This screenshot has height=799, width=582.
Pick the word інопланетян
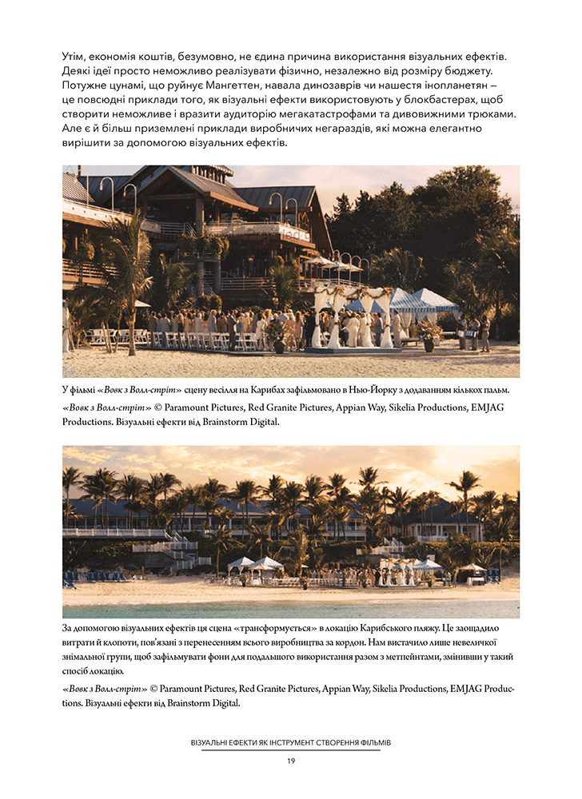pyautogui.click(x=456, y=85)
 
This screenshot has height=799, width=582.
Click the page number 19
pyautogui.click(x=291, y=761)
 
